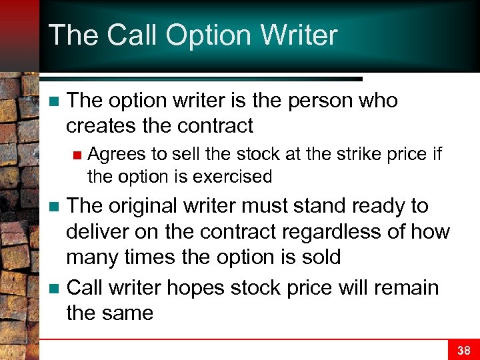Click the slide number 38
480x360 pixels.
point(464,349)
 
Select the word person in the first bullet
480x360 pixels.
point(317,101)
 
